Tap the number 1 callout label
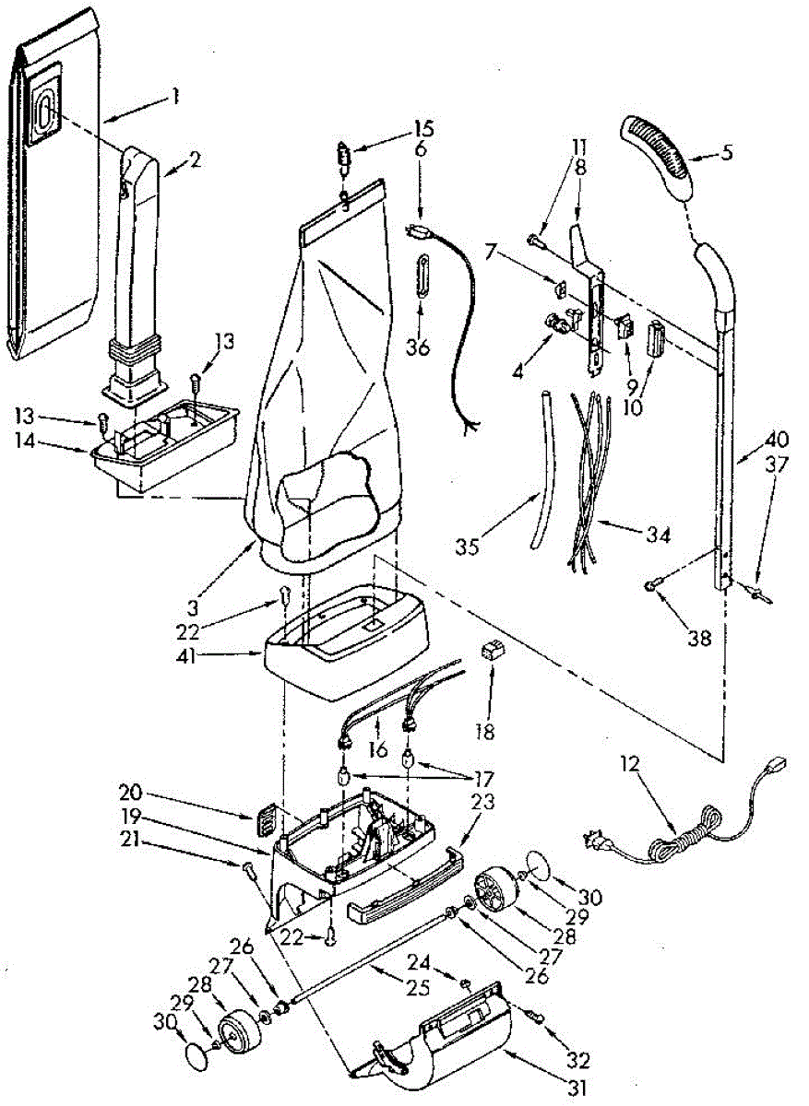click(174, 95)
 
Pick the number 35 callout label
click(468, 547)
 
